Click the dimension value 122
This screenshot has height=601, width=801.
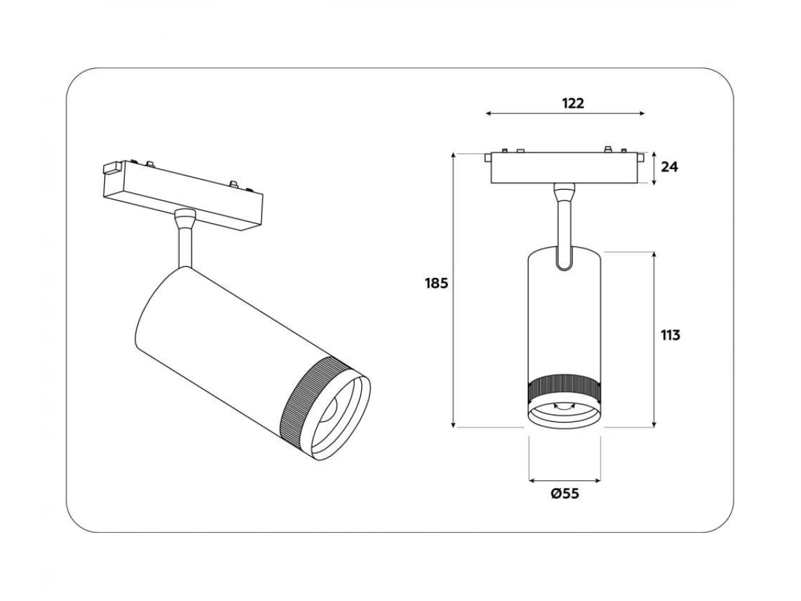coord(573,104)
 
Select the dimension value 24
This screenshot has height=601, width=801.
coord(670,167)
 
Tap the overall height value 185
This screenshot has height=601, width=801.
coord(436,283)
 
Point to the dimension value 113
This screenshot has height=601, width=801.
coord(670,335)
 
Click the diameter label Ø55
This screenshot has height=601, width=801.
coord(565,493)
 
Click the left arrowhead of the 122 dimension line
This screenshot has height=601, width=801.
coord(488,114)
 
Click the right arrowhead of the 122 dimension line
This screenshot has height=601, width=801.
coord(642,114)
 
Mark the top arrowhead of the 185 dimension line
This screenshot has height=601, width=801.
coord(453,156)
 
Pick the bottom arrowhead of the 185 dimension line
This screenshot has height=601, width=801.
coord(453,425)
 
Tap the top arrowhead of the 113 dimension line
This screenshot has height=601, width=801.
coord(654,254)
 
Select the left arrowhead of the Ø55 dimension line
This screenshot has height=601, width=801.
coord(532,481)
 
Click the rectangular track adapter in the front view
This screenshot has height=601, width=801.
coord(564,168)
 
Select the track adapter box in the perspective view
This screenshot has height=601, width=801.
coord(183,194)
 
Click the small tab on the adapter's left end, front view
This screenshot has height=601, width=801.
coord(487,158)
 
